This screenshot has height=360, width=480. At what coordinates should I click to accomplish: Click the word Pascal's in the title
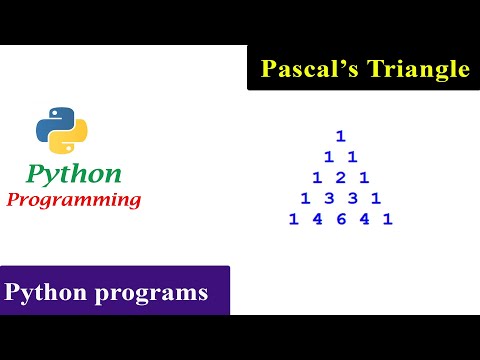[302, 69]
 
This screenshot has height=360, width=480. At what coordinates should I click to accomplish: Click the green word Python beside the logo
[74, 173]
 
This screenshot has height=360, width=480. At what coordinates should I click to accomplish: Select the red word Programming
[74, 199]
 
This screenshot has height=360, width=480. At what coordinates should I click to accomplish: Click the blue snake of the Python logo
[53, 122]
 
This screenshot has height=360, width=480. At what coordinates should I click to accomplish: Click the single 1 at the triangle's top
[340, 136]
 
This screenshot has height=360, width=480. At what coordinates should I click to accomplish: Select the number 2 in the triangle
[340, 178]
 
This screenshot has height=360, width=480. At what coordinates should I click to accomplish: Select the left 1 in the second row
[328, 157]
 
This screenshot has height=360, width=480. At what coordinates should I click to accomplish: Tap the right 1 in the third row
[364, 178]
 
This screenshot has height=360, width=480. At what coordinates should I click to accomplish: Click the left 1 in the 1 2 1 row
[316, 178]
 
